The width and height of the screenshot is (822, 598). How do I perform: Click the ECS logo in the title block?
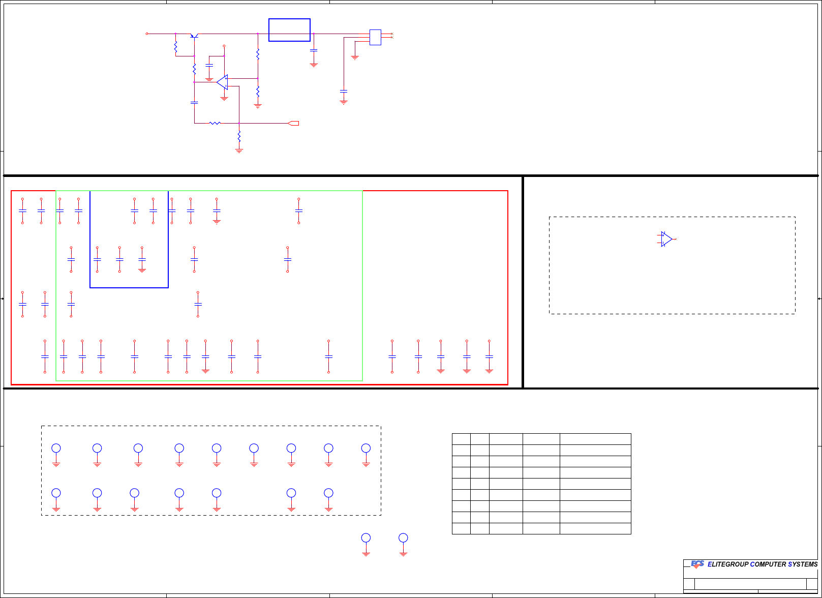[697, 564]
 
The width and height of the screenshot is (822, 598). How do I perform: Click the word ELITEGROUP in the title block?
[727, 564]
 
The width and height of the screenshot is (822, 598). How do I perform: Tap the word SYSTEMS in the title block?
[803, 564]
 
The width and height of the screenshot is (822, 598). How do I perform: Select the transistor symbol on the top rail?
[194, 35]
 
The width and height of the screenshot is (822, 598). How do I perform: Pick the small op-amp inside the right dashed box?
[666, 239]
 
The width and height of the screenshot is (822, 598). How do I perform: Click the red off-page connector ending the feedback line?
[293, 123]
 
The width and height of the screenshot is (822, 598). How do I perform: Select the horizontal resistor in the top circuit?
[215, 123]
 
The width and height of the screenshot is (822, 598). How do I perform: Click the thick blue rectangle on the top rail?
[289, 30]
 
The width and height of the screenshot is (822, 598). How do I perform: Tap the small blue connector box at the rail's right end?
[375, 37]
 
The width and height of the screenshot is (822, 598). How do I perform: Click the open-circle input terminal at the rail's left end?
[147, 34]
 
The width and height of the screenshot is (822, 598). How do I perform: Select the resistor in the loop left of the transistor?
[175, 48]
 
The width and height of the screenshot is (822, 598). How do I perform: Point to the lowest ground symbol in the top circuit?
[239, 151]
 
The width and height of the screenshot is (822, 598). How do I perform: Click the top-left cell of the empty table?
[461, 439]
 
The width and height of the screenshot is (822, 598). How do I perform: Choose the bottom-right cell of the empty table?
[595, 528]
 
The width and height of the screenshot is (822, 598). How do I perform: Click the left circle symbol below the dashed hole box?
[366, 538]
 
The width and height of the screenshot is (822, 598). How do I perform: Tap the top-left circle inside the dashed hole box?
[56, 448]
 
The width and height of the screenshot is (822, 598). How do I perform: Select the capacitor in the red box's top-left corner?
[22, 211]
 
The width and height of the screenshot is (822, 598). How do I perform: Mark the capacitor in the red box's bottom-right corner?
[489, 356]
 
